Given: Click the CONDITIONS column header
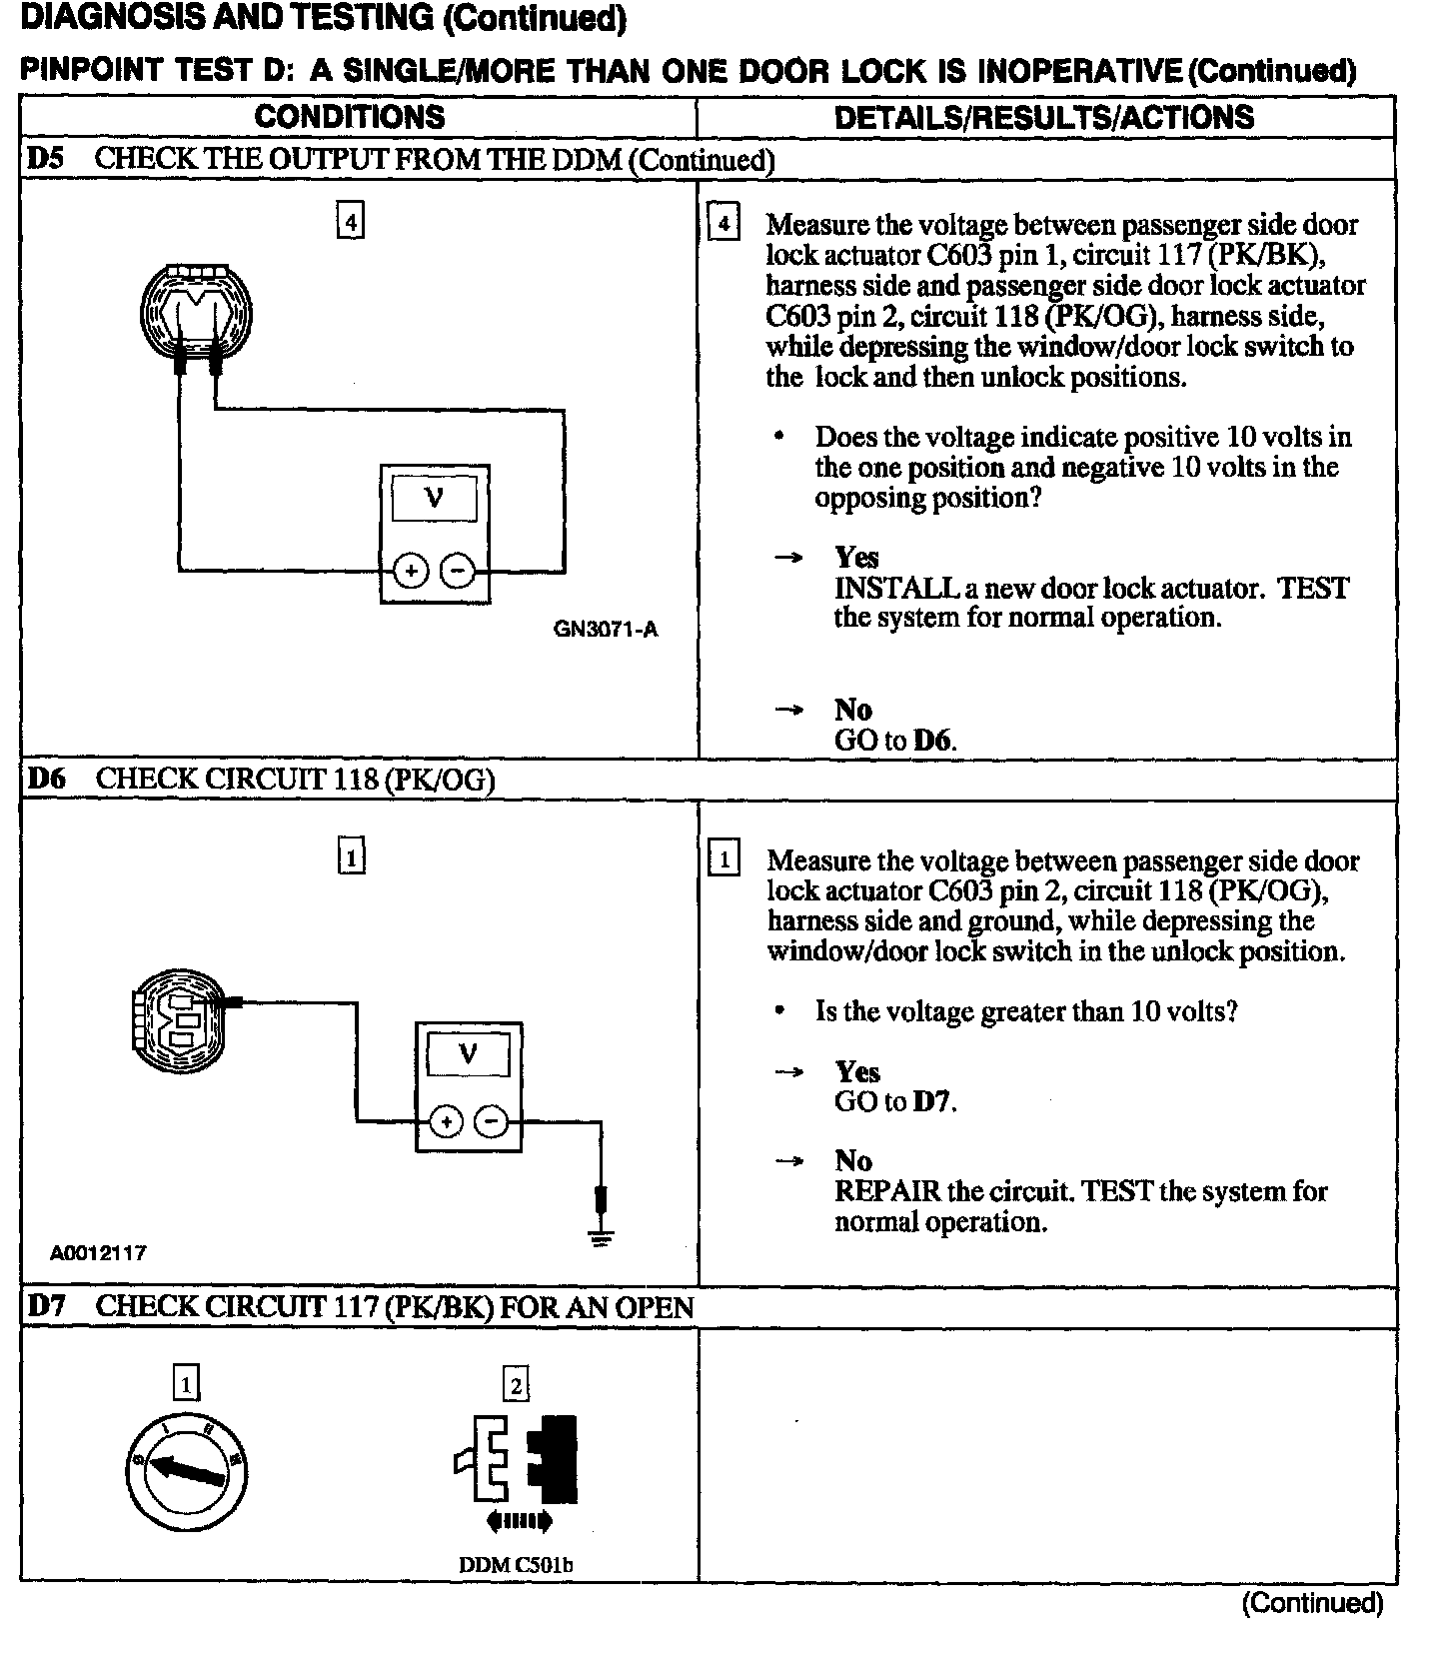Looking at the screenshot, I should pyautogui.click(x=350, y=116).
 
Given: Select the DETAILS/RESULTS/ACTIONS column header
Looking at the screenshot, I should pyautogui.click(x=1043, y=117).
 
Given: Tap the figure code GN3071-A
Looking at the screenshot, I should pyautogui.click(x=606, y=630).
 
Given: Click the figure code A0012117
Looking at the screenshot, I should pyautogui.click(x=98, y=1253).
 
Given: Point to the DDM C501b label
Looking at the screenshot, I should pyautogui.click(x=516, y=1565).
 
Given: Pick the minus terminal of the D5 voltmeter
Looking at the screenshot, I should pyautogui.click(x=458, y=571).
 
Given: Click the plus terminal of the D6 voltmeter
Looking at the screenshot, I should pyautogui.click(x=446, y=1122).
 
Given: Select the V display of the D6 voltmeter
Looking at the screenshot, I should pyautogui.click(x=467, y=1053).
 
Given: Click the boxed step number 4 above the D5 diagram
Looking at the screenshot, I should pyautogui.click(x=350, y=220).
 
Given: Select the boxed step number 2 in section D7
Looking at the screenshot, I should pyautogui.click(x=516, y=1385).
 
